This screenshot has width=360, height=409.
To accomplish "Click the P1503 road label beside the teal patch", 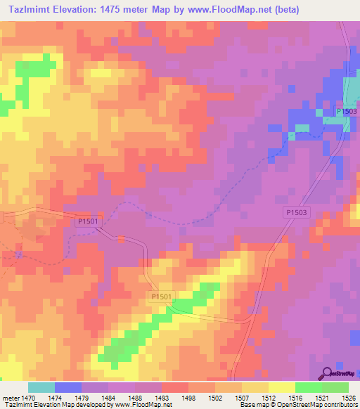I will [346, 112].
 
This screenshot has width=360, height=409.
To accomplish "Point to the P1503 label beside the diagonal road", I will [297, 212].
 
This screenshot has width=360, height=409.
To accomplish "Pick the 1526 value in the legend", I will [349, 398].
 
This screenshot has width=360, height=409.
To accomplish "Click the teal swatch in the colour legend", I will [41, 387].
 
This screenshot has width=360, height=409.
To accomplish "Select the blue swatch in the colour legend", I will [68, 387].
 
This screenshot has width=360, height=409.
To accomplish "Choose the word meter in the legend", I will [10, 398].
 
